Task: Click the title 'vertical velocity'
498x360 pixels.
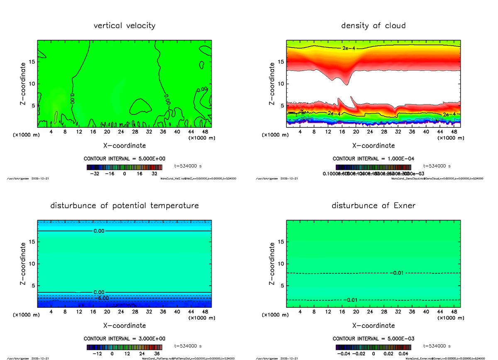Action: click(124, 26)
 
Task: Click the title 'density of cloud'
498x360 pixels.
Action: click(373, 26)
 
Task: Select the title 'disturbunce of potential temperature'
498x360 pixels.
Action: click(124, 206)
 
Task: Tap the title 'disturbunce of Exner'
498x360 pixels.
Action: click(373, 206)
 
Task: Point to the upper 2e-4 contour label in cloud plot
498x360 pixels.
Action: click(349, 49)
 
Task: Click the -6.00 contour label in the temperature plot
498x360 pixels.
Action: click(100, 298)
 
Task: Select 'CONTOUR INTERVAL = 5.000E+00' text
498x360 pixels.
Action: click(124, 159)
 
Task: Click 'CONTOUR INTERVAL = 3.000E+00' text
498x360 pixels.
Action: click(124, 338)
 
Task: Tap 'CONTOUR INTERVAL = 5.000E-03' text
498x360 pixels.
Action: click(373, 338)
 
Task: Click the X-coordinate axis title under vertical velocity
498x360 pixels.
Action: click(124, 146)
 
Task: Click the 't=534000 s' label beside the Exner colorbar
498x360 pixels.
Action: click(437, 345)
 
